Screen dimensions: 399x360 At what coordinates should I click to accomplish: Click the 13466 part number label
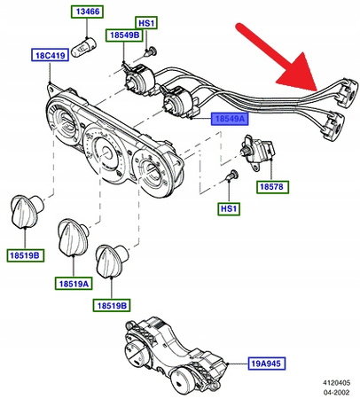tap(86, 13)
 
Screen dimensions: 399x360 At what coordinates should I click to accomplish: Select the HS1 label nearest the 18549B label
tap(145, 21)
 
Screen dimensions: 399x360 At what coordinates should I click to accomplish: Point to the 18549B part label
tap(121, 35)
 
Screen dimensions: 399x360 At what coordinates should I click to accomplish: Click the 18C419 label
tap(51, 55)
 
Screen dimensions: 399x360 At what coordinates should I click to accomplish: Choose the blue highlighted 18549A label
tap(226, 117)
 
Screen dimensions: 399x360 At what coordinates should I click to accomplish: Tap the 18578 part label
tap(272, 187)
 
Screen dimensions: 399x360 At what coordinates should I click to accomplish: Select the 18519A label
tap(74, 283)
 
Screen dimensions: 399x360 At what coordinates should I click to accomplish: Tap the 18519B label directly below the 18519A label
tap(111, 305)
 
